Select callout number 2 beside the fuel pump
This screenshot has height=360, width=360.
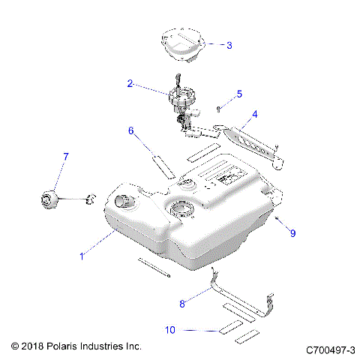click(x=129, y=85)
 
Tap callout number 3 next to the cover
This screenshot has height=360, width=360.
click(x=229, y=45)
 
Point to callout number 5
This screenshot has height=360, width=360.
click(x=239, y=94)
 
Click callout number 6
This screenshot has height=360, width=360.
click(x=130, y=130)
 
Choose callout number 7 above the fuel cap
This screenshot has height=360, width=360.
click(x=65, y=156)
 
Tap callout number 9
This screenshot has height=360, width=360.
click(x=292, y=233)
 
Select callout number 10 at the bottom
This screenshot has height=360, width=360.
click(x=172, y=329)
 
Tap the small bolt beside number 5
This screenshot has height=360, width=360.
click(x=219, y=108)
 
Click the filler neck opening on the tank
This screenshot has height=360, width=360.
click(x=124, y=201)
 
